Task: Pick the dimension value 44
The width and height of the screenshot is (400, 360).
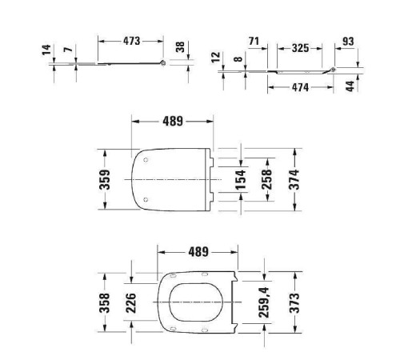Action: point(350,86)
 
